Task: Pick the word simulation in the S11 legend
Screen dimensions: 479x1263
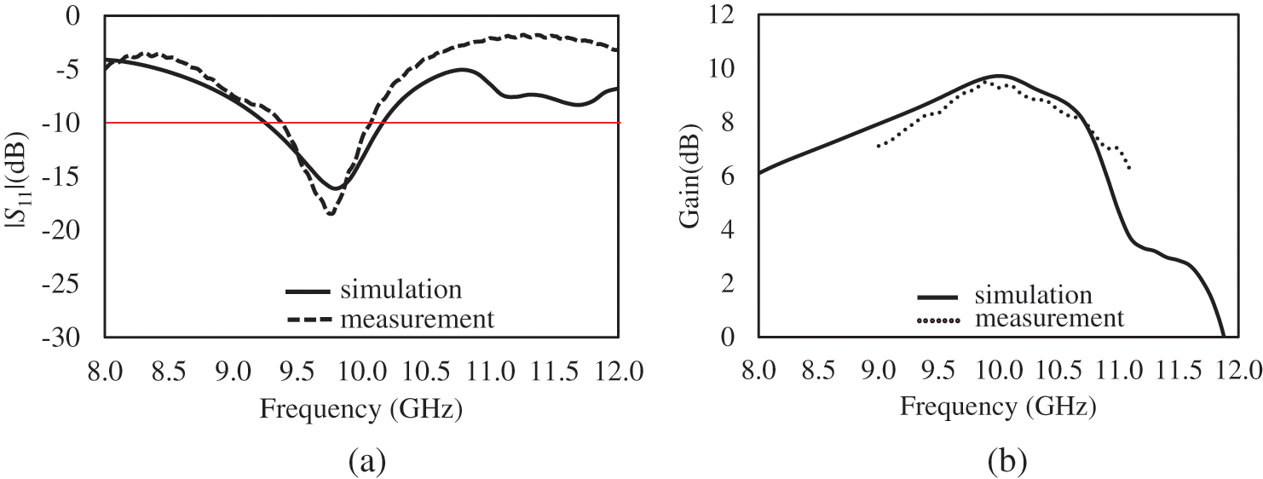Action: click(x=401, y=289)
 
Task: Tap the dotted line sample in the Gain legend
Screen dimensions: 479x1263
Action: click(x=938, y=320)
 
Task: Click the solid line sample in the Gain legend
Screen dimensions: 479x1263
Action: click(x=938, y=297)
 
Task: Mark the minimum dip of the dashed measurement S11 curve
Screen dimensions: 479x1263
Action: click(x=330, y=214)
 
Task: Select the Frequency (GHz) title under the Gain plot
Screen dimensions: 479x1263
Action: click(x=997, y=407)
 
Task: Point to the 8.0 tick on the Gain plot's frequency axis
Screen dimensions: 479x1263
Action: click(x=758, y=371)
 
